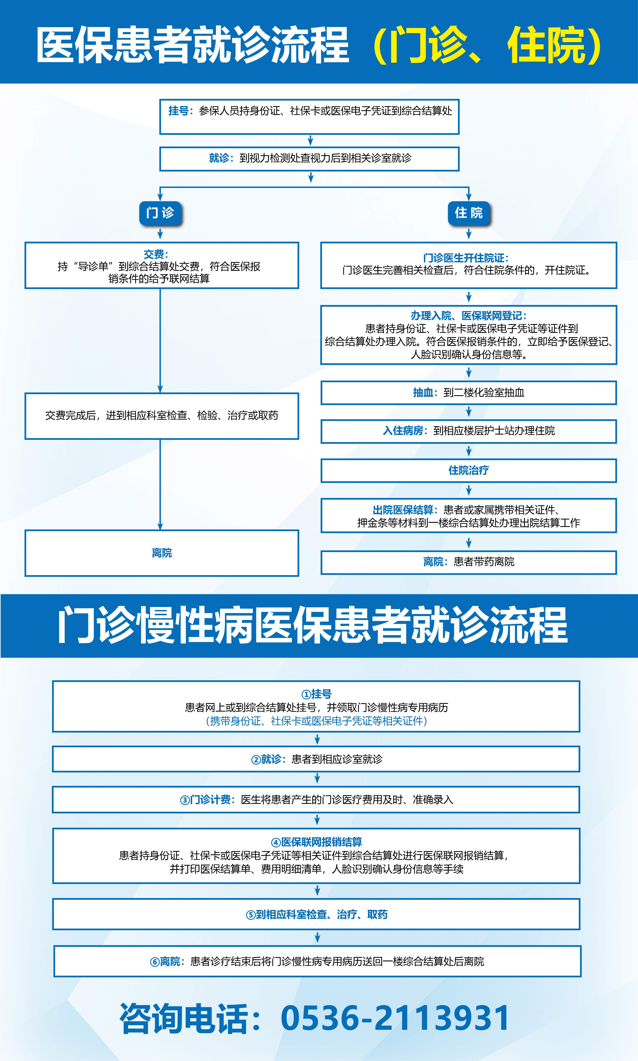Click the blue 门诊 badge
click(160, 213)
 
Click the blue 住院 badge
click(469, 213)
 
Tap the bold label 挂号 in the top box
click(178, 111)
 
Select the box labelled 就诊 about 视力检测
click(309, 159)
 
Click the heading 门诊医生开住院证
click(466, 258)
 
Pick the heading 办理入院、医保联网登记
click(468, 316)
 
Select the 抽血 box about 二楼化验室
click(469, 393)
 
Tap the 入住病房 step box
click(469, 431)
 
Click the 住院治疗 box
click(469, 470)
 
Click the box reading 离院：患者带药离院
click(469, 562)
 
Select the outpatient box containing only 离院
click(162, 553)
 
